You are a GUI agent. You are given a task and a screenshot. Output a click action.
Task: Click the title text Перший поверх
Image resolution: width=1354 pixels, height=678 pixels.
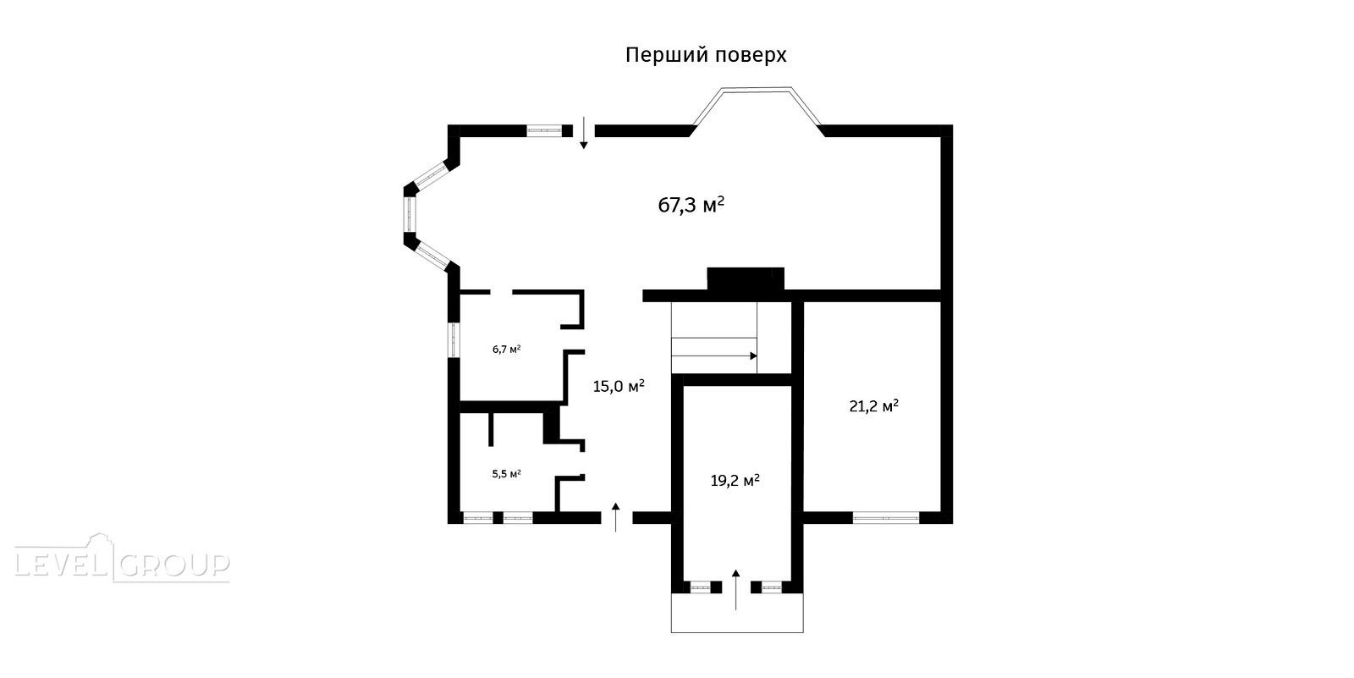click(706, 55)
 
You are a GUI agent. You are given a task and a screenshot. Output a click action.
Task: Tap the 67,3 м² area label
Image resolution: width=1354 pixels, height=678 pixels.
click(691, 205)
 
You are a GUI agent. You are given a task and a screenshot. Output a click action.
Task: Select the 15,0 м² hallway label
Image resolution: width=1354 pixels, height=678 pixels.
click(619, 386)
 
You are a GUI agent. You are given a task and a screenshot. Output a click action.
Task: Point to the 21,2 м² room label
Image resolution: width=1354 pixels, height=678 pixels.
click(873, 405)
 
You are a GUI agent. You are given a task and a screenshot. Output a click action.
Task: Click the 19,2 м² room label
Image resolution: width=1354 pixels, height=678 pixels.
click(735, 481)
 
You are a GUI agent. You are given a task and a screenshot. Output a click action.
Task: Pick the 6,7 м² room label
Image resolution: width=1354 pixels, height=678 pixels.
click(507, 349)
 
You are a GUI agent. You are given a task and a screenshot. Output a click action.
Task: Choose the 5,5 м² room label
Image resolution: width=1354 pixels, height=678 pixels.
click(507, 473)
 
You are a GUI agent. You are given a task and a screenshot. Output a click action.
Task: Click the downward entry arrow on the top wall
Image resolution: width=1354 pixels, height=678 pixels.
click(584, 132)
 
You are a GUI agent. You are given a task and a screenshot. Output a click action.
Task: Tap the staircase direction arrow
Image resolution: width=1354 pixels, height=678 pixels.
click(714, 356)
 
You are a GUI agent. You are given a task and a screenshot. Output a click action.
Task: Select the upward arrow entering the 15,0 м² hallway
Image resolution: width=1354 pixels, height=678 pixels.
click(616, 517)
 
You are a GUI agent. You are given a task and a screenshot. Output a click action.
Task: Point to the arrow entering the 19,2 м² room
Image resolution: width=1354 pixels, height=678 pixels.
click(735, 589)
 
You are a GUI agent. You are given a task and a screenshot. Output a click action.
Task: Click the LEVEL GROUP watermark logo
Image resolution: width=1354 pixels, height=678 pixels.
click(122, 559)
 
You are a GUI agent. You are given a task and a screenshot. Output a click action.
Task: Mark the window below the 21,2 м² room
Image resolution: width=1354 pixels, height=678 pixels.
click(886, 518)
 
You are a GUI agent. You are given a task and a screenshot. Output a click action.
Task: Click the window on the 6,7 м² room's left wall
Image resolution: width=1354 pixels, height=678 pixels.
click(454, 340)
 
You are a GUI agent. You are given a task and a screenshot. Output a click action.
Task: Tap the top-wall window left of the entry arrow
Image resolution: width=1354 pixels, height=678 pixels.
click(544, 130)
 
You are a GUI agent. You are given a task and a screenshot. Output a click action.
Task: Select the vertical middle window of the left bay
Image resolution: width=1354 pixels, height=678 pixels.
click(410, 214)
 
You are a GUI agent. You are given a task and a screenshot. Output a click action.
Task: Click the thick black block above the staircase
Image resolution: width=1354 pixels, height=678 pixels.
click(746, 278)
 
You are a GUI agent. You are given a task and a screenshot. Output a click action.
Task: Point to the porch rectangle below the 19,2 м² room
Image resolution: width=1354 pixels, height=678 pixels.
click(737, 613)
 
